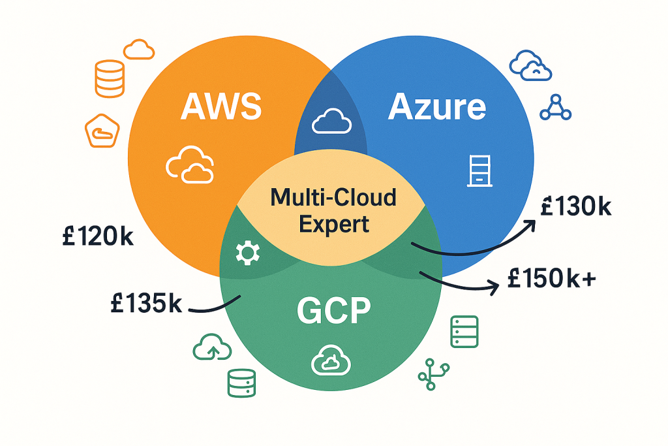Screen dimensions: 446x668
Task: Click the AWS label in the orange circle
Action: (220, 107)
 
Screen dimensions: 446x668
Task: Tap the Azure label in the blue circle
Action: (437, 106)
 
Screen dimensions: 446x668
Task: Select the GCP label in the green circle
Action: (334, 311)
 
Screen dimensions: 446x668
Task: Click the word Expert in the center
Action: (334, 223)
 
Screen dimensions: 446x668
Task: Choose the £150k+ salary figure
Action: (551, 279)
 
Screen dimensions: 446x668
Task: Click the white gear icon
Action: (247, 253)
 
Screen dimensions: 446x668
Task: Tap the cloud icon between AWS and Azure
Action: (329, 120)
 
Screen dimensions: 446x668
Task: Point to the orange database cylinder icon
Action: (109, 78)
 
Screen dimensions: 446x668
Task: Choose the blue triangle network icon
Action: (556, 108)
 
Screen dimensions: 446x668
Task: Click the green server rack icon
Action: (464, 332)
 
